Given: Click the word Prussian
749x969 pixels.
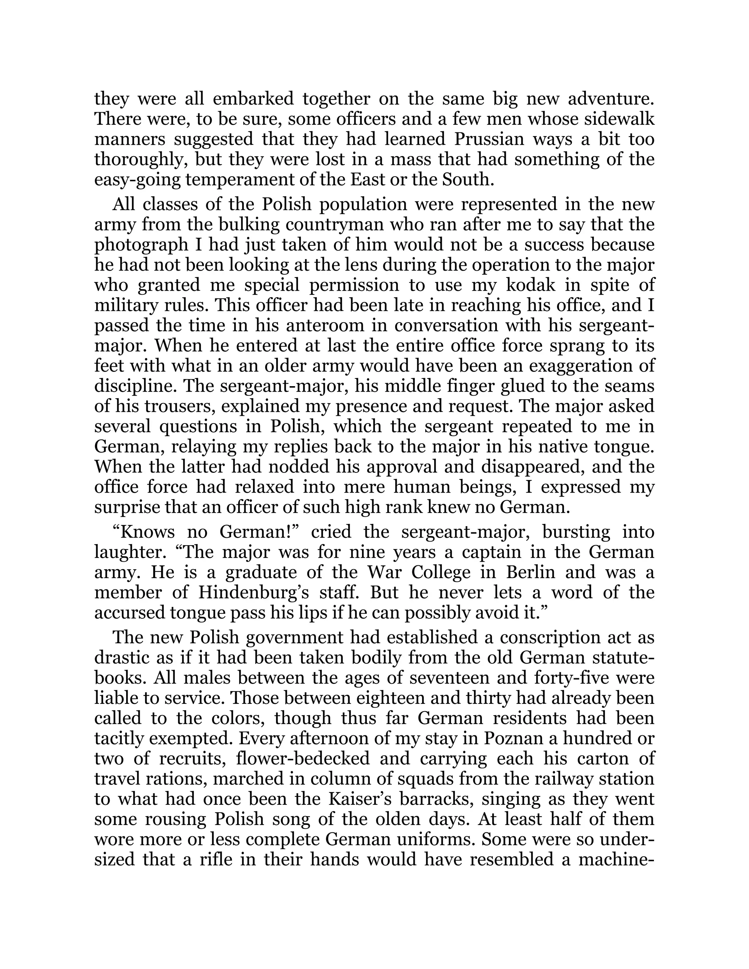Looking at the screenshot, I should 489,139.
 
